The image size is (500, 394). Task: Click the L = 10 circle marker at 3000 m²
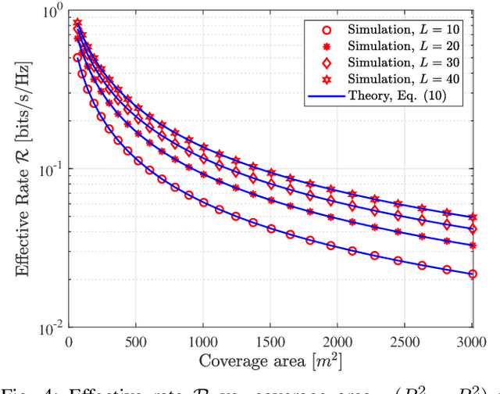(473, 274)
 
